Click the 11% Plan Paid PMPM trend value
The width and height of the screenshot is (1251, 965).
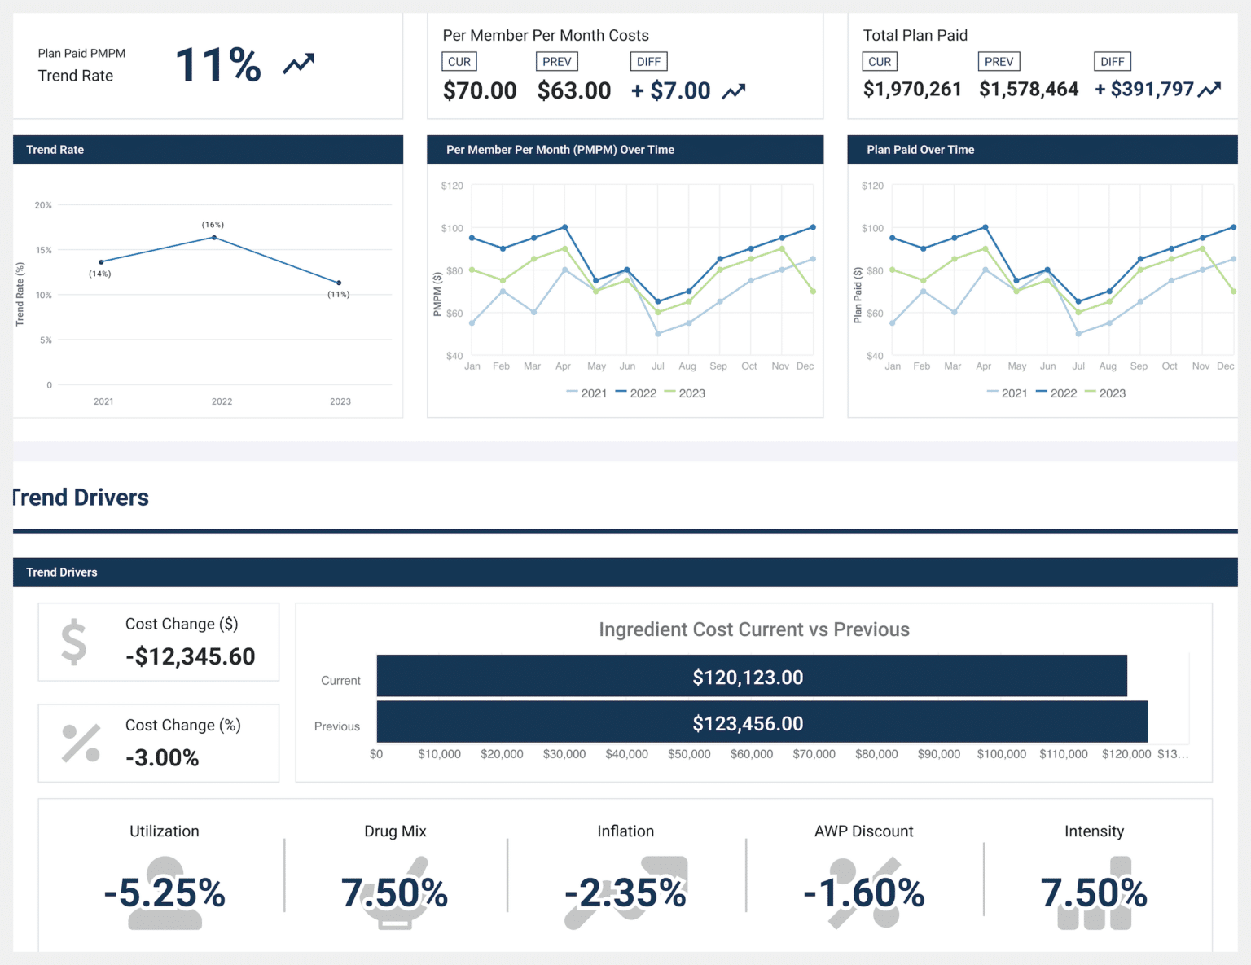coord(217,65)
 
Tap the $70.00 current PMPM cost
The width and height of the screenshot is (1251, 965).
coord(479,90)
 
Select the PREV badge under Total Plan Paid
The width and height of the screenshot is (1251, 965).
coord(999,62)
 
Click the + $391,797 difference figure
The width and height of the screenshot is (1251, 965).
coord(1144,90)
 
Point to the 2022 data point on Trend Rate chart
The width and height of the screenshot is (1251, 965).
coord(214,238)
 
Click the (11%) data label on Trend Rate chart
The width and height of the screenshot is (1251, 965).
coord(339,295)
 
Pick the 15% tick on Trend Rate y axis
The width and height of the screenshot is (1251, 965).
coord(43,250)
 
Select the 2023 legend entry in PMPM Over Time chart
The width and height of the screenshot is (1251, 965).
coord(685,393)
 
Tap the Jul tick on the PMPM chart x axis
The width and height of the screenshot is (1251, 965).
coord(658,366)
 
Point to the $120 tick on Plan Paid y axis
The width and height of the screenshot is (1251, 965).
coord(872,186)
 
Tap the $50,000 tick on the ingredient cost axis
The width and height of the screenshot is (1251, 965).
coord(689,754)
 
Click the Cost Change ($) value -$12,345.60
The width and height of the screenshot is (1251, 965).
coord(191,656)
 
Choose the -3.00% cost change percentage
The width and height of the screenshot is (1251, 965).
coord(162,757)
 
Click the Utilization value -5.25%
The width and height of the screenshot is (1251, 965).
coord(165,893)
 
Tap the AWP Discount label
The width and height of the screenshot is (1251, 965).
coord(863,831)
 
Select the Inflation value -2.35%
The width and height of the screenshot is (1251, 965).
coord(625,893)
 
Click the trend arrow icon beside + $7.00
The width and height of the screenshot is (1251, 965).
coord(734,91)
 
